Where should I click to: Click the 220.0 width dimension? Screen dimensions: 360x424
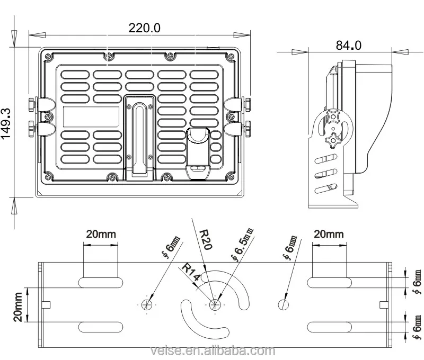pyautogui.click(x=144, y=28)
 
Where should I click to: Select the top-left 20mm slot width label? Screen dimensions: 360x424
pyautogui.click(x=100, y=233)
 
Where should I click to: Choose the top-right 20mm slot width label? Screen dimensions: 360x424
pyautogui.click(x=329, y=233)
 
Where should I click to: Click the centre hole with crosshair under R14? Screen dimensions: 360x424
pyautogui.click(x=215, y=304)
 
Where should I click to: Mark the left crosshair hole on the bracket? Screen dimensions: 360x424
pyautogui.click(x=147, y=304)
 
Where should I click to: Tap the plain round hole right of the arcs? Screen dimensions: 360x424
pyautogui.click(x=284, y=304)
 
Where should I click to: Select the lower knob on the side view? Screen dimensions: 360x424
pyautogui.click(x=333, y=140)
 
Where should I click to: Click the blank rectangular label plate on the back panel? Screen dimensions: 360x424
pyautogui.click(x=91, y=116)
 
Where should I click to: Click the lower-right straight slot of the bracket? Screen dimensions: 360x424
pyautogui.click(x=329, y=325)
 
